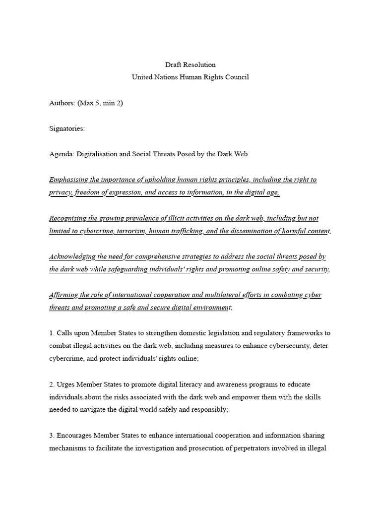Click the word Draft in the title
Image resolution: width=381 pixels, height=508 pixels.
pos(173,64)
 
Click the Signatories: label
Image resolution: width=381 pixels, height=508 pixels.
pos(67,128)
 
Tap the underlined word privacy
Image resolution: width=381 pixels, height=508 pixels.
pos(60,192)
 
